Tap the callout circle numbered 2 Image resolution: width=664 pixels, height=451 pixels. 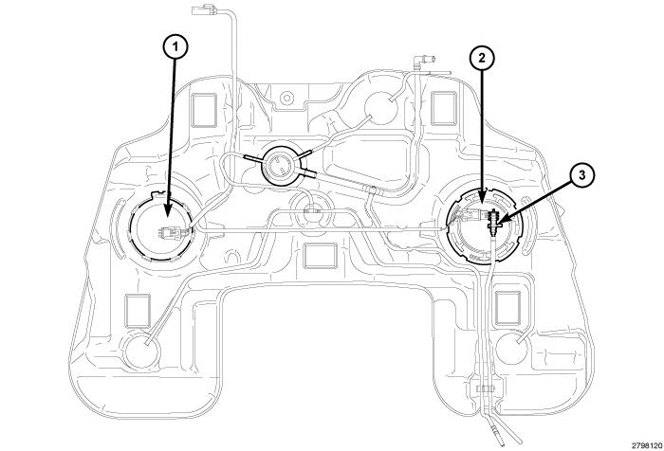(x=483, y=59)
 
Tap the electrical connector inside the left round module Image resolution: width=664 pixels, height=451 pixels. (x=171, y=232)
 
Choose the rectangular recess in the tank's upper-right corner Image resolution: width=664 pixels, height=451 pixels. (x=443, y=110)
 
